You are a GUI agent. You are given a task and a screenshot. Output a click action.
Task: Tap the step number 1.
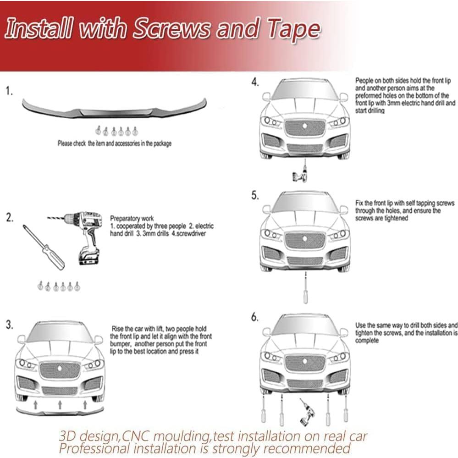click(9, 92)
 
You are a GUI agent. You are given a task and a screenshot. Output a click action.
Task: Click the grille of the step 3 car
click(60, 370)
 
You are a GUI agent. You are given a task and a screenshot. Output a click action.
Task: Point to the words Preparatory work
click(132, 219)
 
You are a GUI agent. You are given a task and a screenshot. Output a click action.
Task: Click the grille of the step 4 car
click(305, 128)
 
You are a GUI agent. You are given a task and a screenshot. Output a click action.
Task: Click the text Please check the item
click(87, 143)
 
